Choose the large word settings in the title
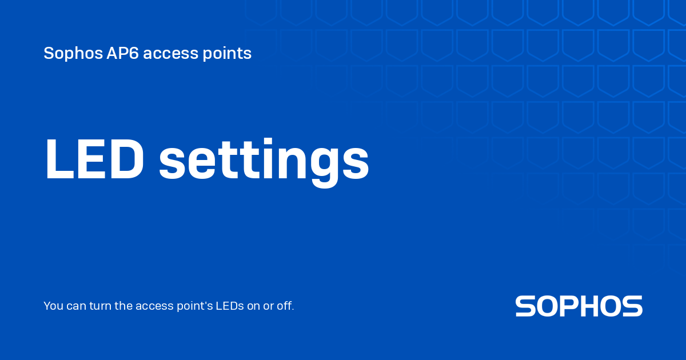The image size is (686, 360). point(264,163)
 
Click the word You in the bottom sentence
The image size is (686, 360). point(53,306)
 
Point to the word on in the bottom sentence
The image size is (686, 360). point(253,306)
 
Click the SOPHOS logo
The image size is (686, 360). point(579,306)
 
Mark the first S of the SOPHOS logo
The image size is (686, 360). point(527,306)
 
